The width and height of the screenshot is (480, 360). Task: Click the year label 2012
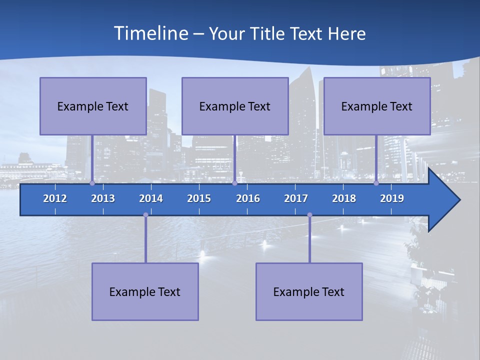55,198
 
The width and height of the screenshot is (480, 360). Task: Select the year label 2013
103,198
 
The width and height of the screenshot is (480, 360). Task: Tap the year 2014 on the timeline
151,198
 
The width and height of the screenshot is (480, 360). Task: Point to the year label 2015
199,198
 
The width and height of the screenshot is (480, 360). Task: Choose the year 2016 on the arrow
248,198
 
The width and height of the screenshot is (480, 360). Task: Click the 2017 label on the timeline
296,198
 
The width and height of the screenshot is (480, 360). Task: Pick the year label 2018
344,198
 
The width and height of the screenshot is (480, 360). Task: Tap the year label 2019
392,198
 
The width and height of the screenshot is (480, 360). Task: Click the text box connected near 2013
93,106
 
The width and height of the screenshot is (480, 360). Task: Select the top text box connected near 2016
235,106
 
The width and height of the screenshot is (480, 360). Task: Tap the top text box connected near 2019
377,106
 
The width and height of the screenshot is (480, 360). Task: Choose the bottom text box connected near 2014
145,291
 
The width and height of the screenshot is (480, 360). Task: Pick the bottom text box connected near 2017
309,291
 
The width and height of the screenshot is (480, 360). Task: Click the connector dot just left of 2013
92,183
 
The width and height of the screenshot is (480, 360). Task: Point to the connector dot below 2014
145,215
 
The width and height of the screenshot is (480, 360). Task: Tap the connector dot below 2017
309,215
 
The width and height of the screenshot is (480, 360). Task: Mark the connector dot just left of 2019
376,183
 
